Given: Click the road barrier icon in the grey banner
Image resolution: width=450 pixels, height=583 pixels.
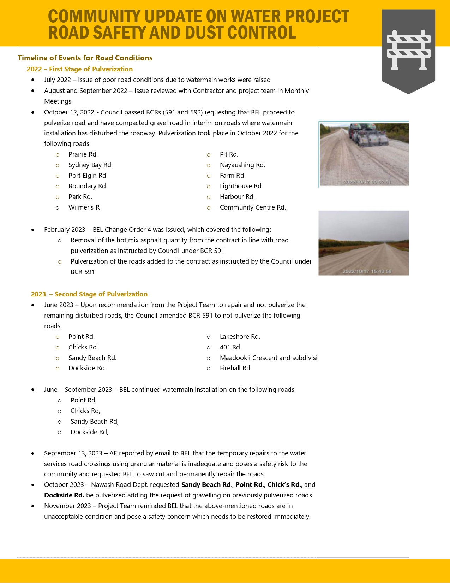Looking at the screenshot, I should [408, 50].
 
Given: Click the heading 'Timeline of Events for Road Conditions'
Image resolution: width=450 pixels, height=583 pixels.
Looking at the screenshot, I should [85, 58].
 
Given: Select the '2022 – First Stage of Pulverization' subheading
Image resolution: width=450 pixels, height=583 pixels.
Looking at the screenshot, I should [80, 69].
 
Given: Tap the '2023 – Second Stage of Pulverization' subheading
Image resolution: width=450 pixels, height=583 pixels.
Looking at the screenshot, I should [89, 294].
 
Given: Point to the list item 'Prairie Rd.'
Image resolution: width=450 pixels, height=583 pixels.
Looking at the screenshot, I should [83, 154].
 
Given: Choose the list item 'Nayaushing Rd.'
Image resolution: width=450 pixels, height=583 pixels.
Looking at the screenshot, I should [242, 165].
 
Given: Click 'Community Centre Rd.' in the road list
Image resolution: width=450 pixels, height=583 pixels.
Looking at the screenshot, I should [253, 207].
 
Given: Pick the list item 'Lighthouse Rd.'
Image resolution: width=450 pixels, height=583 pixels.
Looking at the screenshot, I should [241, 186].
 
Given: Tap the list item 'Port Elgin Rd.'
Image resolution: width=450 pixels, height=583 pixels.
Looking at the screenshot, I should [88, 176].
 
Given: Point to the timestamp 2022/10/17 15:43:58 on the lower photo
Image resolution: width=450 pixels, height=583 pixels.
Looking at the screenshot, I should [367, 271].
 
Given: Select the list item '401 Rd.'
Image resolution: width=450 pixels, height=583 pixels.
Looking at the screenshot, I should [230, 347].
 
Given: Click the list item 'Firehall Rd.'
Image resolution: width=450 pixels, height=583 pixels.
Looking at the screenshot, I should [235, 368].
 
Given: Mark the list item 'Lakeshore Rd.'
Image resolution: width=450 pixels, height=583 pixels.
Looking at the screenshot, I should [240, 337].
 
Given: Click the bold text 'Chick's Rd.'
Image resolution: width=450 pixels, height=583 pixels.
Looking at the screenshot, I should [284, 485].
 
